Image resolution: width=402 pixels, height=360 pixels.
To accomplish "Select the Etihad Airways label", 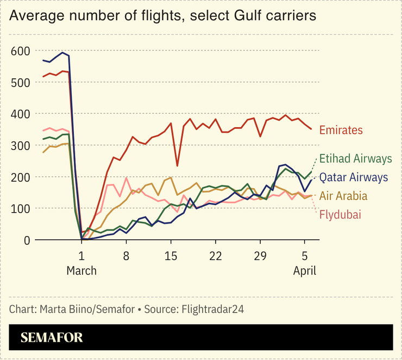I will tap(355, 159).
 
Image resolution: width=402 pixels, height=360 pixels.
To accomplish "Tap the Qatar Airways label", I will tap(354, 177).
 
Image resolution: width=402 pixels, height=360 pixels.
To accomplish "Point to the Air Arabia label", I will tap(343, 196).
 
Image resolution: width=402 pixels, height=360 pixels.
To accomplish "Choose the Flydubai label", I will tap(340, 215).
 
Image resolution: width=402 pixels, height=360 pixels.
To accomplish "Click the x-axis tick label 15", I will tap(171, 256).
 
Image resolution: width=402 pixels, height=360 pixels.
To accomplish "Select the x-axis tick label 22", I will tap(216, 256).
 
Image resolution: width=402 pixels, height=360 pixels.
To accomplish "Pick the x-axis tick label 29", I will tap(260, 256).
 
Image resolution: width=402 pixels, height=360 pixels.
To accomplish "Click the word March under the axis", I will tap(81, 270).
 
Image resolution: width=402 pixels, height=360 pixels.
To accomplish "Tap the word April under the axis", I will tap(305, 270).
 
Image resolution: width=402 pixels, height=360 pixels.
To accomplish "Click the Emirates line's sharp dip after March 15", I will tap(177, 165).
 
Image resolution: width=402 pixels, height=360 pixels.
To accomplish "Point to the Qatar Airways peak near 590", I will tap(63, 53).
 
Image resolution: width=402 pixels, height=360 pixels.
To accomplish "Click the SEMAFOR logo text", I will tap(52, 338).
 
